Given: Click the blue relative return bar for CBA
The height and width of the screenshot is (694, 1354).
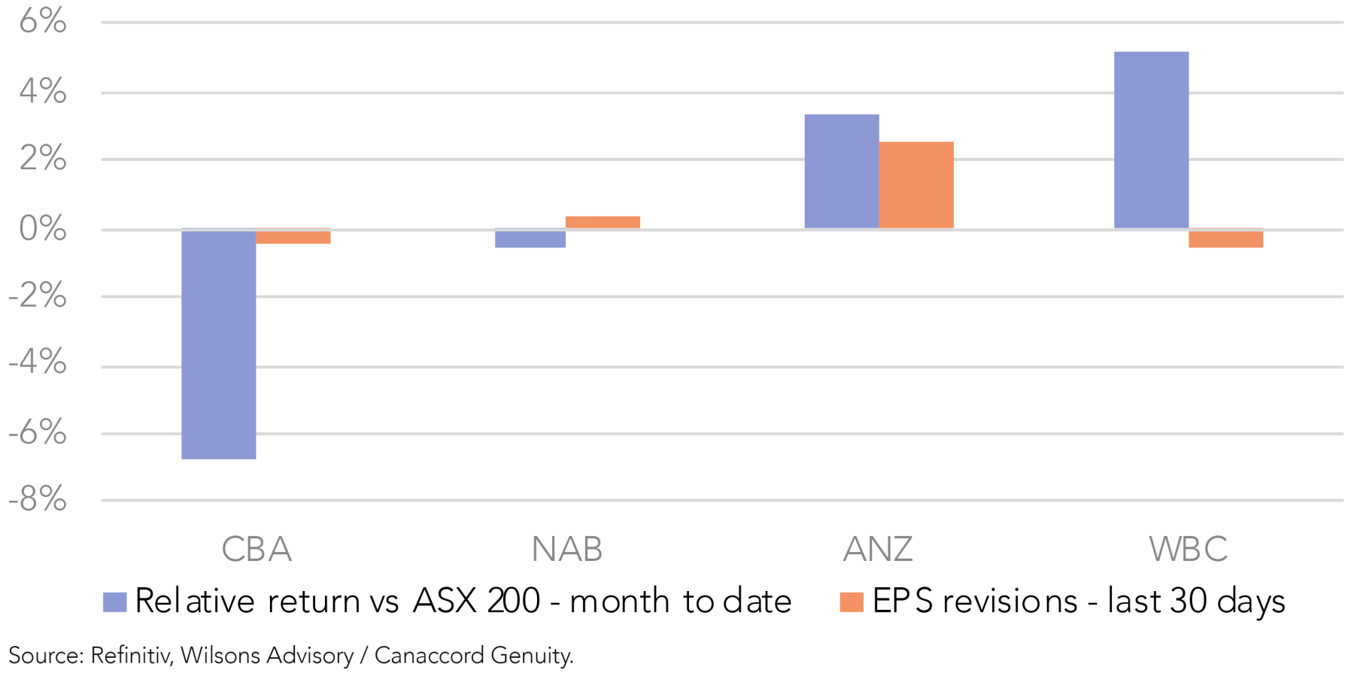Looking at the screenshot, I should pyautogui.click(x=218, y=344).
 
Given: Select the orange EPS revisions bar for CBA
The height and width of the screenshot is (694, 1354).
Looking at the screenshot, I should pyautogui.click(x=293, y=237).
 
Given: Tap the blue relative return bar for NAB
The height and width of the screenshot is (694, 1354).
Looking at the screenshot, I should pyautogui.click(x=530, y=238).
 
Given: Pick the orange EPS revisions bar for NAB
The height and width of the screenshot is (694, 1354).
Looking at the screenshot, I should pyautogui.click(x=603, y=222).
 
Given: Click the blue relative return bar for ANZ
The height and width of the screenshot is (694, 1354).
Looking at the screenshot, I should pyautogui.click(x=841, y=171).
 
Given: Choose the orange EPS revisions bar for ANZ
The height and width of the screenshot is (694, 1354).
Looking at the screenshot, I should pyautogui.click(x=915, y=185).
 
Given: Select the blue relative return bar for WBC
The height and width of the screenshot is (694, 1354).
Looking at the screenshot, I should pyautogui.click(x=1151, y=140).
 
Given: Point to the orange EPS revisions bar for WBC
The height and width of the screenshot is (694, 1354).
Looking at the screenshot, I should pyautogui.click(x=1225, y=238).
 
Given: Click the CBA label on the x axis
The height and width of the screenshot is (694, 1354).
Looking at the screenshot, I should pyautogui.click(x=257, y=550).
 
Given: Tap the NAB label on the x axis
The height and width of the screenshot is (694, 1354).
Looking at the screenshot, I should pyautogui.click(x=567, y=550).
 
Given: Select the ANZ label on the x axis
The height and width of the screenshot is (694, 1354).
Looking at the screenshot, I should pyautogui.click(x=878, y=550).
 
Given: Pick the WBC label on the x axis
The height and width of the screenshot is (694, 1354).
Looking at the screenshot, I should pyautogui.click(x=1189, y=550).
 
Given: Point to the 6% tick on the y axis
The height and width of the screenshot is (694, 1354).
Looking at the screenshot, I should pyautogui.click(x=43, y=21).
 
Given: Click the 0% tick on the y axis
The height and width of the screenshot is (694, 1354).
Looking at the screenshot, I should pyautogui.click(x=43, y=229).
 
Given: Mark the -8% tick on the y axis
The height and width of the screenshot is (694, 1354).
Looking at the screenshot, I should pyautogui.click(x=38, y=499).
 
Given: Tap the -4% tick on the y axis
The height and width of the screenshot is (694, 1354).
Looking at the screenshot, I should pyautogui.click(x=38, y=363).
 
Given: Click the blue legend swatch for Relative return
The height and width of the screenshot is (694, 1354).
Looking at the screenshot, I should pyautogui.click(x=114, y=602).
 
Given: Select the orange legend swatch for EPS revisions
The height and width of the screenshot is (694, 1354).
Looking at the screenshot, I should pyautogui.click(x=851, y=602).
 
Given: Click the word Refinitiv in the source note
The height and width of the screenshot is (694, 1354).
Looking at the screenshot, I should pyautogui.click(x=132, y=656).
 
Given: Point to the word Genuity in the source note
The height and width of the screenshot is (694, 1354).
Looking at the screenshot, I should pyautogui.click(x=531, y=656).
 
